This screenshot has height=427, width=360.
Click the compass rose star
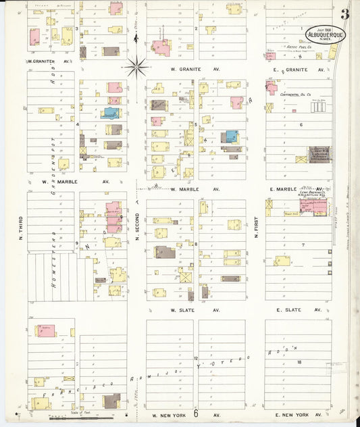tap(136, 66)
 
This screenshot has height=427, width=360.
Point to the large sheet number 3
tap(344, 14)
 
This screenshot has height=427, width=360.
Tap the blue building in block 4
tap(109, 113)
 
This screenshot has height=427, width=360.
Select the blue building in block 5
tap(232, 136)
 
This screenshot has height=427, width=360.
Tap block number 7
tap(303, 245)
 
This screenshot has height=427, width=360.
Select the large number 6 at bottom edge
tap(196, 413)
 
